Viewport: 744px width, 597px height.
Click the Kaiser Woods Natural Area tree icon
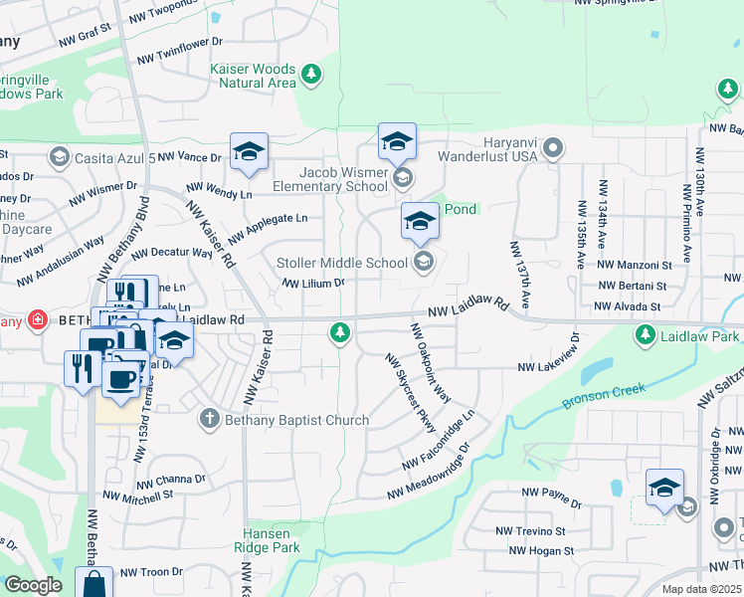coord(312,73)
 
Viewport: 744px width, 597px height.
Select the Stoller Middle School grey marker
coord(423,263)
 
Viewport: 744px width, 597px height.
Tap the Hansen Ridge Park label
coord(267,540)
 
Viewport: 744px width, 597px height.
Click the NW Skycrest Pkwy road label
coord(410,394)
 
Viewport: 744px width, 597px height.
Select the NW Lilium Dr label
coord(313,283)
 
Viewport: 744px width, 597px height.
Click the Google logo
coord(33,585)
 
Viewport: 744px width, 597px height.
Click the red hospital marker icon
coord(37,319)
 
